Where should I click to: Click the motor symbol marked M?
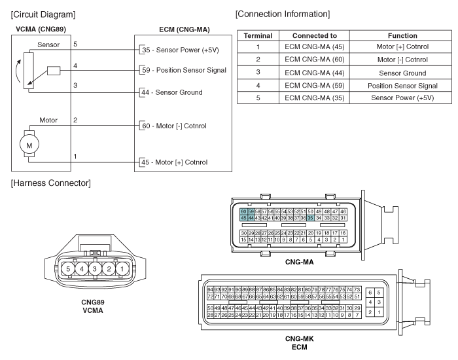[29, 145]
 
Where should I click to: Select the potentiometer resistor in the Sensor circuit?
[29, 71]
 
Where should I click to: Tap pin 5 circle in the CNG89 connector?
[68, 269]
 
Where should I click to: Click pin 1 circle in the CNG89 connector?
[122, 269]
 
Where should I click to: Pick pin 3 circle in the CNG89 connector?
[95, 269]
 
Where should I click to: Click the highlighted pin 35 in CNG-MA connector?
[310, 218]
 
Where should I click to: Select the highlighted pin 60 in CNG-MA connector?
[243, 211]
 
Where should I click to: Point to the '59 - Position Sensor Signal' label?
[184, 70]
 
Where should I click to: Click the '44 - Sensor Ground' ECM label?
[171, 92]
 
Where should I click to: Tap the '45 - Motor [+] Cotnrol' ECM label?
[175, 162]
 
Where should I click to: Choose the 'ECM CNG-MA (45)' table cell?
[314, 46]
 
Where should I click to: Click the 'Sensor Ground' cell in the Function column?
[402, 73]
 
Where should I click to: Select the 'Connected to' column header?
[315, 35]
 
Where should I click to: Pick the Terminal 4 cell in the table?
[258, 86]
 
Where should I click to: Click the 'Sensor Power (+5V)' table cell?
[402, 98]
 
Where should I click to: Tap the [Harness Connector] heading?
[51, 183]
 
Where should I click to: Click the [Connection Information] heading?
[283, 14]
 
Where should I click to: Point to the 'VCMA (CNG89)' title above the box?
[41, 29]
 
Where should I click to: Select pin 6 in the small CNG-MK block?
[370, 293]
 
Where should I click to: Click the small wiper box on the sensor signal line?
[54, 71]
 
